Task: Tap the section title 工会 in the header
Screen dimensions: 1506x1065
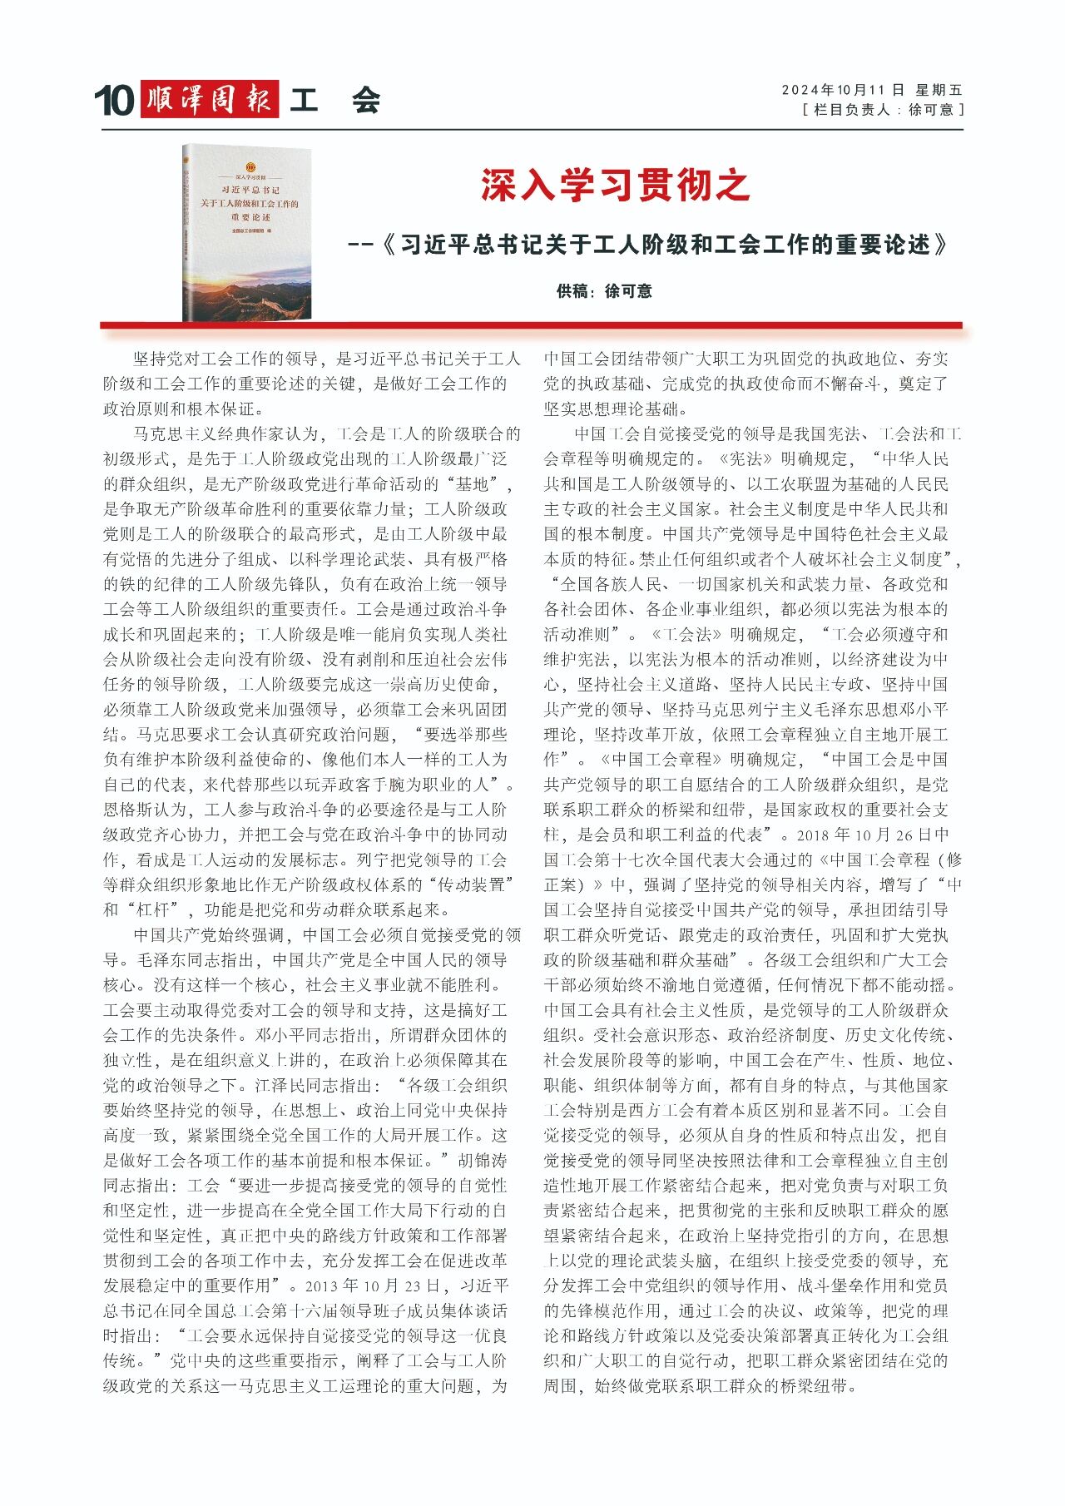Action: [x=334, y=101]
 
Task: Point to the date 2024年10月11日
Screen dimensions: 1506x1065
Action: [x=842, y=90]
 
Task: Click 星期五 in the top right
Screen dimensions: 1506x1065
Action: [x=939, y=90]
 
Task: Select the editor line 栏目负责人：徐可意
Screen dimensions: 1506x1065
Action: [x=882, y=110]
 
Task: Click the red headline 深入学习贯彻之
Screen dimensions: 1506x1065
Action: [x=615, y=185]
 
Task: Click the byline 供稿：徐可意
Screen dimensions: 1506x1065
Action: [x=604, y=291]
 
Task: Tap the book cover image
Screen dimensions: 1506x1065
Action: [x=247, y=233]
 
